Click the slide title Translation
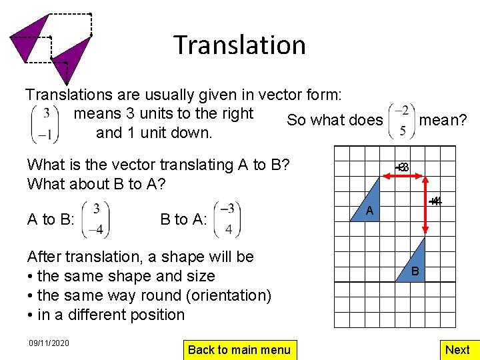(x=240, y=45)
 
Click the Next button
(x=457, y=349)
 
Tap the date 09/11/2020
(x=48, y=343)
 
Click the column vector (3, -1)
(x=45, y=124)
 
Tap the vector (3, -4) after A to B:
(x=97, y=219)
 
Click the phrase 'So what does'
(x=335, y=120)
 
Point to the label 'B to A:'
(x=183, y=220)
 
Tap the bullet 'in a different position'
(x=105, y=315)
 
